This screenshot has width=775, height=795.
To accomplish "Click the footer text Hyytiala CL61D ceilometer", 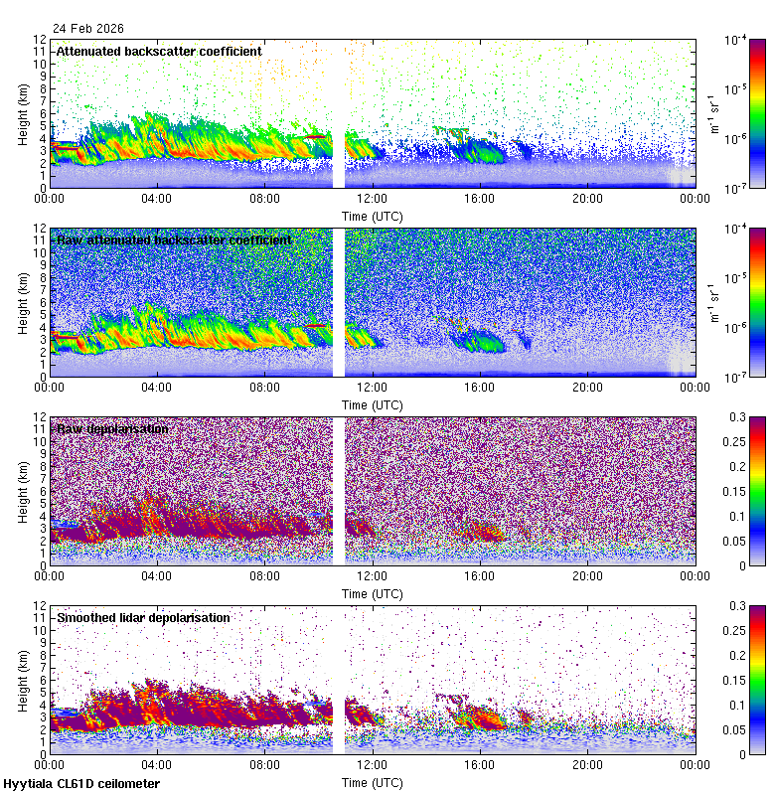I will click(81, 784).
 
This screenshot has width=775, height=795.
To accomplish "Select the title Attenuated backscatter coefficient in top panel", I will click(159, 51).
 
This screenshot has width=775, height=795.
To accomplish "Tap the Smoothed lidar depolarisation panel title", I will click(143, 617).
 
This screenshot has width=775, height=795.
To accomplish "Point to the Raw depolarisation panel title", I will click(112, 428).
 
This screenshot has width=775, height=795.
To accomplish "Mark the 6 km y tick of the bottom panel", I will click(42, 680).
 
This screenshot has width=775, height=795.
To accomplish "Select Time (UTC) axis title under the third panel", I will click(373, 593).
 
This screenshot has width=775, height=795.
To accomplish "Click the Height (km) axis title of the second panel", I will click(23, 303).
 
